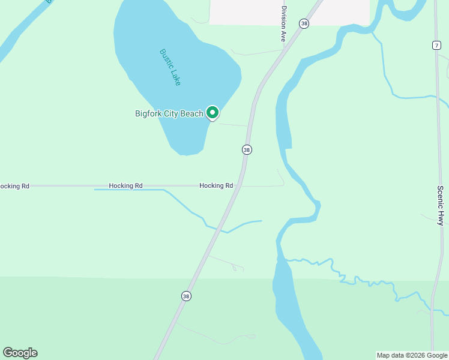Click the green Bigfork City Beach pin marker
pos(212,112)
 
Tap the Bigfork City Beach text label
pos(169,113)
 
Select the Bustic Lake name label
pos(170,67)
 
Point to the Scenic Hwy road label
pos(440,205)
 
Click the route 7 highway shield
pos(436,45)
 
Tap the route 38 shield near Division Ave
pos(305,23)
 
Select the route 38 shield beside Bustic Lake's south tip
pos(247,149)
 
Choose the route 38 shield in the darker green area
pos(187,296)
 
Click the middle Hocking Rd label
pos(125,186)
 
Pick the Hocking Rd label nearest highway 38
pos(216,186)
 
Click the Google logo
pos(20,353)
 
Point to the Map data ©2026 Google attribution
pos(412,355)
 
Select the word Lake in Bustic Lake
pos(175,77)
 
